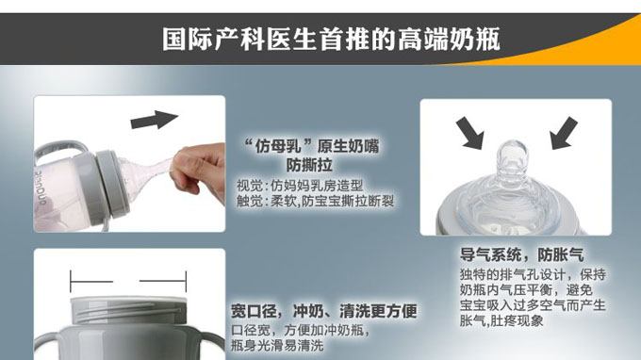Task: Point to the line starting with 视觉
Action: point(299,186)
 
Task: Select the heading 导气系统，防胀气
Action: point(521,255)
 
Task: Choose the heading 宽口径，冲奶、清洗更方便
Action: point(324,311)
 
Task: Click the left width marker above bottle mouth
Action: point(90,280)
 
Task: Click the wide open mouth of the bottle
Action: point(127,311)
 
